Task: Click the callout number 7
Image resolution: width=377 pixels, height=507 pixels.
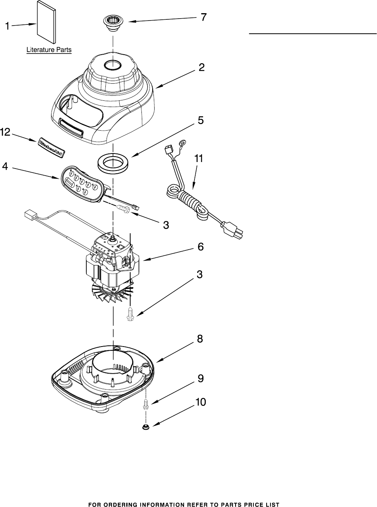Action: [x=203, y=17]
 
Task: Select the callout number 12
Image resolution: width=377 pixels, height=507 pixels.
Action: [x=5, y=133]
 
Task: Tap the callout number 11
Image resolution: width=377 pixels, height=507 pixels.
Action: [x=199, y=159]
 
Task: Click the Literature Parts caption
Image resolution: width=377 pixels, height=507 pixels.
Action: [x=49, y=50]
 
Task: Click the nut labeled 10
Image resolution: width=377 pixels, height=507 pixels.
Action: [x=146, y=427]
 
